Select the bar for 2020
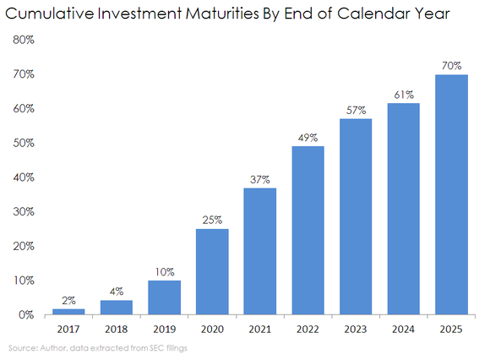click(212, 271)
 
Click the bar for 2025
click(452, 194)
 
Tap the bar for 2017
click(68, 311)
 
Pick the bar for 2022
click(308, 230)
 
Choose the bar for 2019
click(164, 297)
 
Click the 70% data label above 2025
click(452, 64)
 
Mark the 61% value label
click(404, 95)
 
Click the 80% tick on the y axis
click(23, 40)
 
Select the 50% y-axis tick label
click(23, 143)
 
